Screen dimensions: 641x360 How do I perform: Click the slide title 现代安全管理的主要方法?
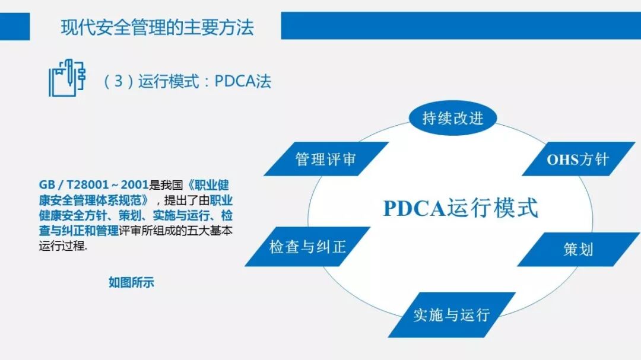(157, 27)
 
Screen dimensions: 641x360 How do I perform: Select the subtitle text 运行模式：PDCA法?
(205, 81)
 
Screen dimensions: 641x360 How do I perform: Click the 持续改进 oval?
(452, 117)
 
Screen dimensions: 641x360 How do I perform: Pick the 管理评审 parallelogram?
(326, 159)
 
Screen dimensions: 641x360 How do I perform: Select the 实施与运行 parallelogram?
(451, 314)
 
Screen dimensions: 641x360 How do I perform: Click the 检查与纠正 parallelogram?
(307, 246)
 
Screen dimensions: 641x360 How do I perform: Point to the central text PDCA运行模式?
(461, 208)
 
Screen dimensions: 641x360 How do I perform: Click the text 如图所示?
(131, 282)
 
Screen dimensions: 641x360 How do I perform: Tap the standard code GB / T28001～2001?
(94, 184)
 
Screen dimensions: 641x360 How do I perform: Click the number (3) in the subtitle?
(119, 81)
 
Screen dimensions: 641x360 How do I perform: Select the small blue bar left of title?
(15, 27)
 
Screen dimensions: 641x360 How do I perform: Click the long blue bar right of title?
(461, 26)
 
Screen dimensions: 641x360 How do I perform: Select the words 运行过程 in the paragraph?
(62, 247)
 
